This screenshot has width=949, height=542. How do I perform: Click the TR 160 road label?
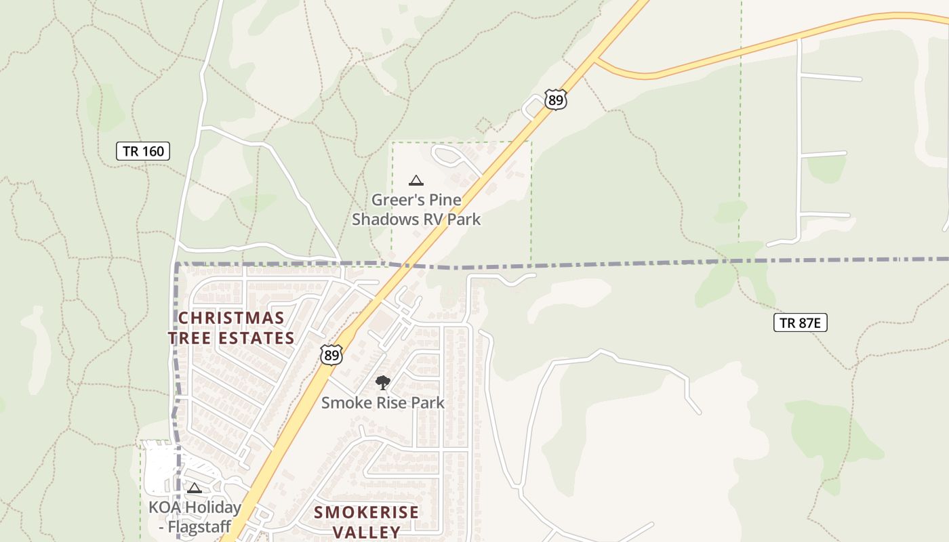click(x=143, y=151)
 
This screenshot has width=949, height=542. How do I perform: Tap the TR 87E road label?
click(x=800, y=322)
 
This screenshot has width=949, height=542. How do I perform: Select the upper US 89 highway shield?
click(x=555, y=100)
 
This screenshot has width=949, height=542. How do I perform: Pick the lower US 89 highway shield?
click(x=331, y=354)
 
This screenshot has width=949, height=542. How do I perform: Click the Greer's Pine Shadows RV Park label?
click(x=416, y=209)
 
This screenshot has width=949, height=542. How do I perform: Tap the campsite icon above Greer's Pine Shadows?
click(x=416, y=180)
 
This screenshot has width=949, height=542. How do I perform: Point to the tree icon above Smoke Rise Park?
click(x=383, y=383)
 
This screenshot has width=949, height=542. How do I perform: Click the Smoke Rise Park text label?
click(x=383, y=402)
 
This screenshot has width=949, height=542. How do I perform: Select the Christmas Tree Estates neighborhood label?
click(x=231, y=328)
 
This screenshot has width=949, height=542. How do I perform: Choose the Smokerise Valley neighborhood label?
click(x=366, y=521)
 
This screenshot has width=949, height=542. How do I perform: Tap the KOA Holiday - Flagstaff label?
click(x=195, y=516)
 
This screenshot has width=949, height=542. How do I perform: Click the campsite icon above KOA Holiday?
click(x=195, y=488)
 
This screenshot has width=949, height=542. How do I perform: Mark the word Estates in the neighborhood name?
click(x=259, y=337)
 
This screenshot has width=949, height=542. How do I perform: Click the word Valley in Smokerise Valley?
click(x=366, y=531)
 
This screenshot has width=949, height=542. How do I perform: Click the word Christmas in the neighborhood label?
click(x=231, y=318)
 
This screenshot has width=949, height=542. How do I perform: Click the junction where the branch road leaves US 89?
click(x=594, y=60)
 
